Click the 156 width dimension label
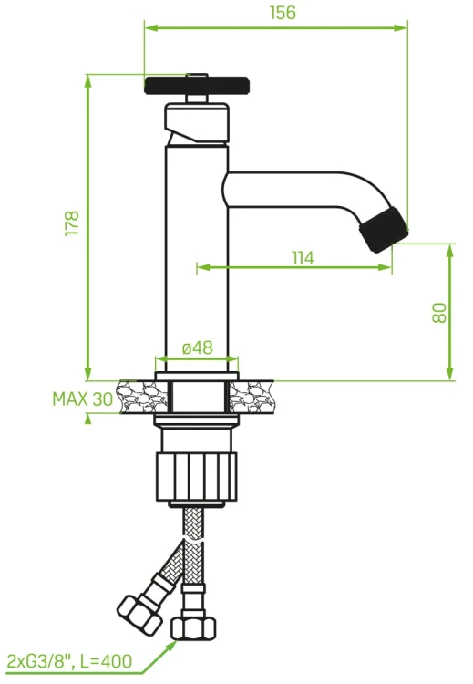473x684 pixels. pyautogui.click(x=283, y=13)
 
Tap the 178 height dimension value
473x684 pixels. pyautogui.click(x=72, y=223)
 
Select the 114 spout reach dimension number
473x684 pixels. pyautogui.click(x=303, y=258)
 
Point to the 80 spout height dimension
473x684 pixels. pyautogui.click(x=439, y=312)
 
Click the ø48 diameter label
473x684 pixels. pyautogui.click(x=198, y=347)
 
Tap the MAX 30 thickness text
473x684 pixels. pyautogui.click(x=82, y=399)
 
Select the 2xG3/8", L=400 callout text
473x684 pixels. pyautogui.click(x=70, y=661)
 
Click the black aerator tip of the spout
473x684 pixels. pyautogui.click(x=384, y=229)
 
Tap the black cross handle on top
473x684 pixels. pyautogui.click(x=197, y=85)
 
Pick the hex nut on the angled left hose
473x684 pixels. pyautogui.click(x=139, y=616)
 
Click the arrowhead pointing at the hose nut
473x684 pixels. pyautogui.click(x=172, y=645)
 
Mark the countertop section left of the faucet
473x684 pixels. pyautogui.click(x=143, y=397)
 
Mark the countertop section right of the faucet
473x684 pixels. pyautogui.click(x=252, y=397)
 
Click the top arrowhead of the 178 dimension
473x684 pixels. pyautogui.click(x=88, y=81)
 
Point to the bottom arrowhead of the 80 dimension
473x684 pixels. pyautogui.click(x=450, y=373)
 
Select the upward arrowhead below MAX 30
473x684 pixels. pyautogui.click(x=88, y=420)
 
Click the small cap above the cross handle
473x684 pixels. pyautogui.click(x=197, y=75)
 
